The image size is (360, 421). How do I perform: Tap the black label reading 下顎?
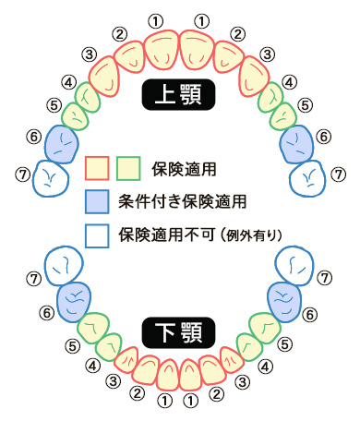pos(179,330)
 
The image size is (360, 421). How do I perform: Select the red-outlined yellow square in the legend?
pos(97,168)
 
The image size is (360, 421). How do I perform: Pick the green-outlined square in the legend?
pos(127,168)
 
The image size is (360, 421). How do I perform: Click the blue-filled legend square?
pos(97,199)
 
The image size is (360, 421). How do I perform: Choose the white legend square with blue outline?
pos(97,232)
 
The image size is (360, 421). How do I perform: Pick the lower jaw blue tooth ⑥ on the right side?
pos(283,298)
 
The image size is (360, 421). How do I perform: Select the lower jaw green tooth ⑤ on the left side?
pos(94,329)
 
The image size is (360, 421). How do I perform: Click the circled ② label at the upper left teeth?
pos(120,34)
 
